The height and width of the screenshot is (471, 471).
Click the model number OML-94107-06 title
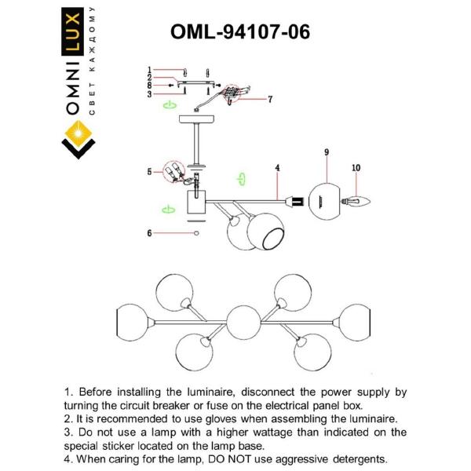[240, 31]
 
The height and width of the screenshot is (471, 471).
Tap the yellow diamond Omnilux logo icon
[78, 141]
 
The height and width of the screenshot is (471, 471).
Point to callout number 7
[269, 100]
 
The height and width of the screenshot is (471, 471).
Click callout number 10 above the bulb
[356, 167]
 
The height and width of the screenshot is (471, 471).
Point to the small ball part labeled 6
[196, 233]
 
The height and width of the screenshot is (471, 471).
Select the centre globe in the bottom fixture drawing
[244, 323]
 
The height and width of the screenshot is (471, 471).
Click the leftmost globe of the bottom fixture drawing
[132, 321]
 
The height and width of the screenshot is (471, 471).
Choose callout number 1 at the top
[148, 70]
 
